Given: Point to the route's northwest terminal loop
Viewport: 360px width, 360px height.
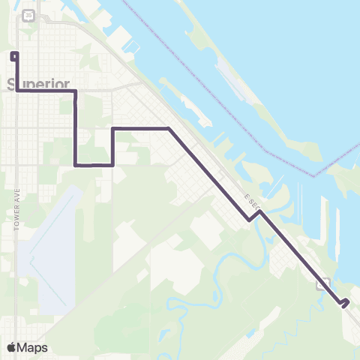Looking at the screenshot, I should click(x=13, y=55).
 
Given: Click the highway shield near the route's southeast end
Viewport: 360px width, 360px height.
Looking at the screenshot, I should click(x=323, y=283).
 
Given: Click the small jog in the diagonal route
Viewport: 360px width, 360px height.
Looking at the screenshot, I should click(x=255, y=216).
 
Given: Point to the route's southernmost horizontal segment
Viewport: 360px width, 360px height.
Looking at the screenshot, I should click(x=94, y=165).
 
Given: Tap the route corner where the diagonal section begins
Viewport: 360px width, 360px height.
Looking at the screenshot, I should click(x=169, y=129).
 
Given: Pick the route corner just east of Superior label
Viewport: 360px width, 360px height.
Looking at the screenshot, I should click(x=76, y=91).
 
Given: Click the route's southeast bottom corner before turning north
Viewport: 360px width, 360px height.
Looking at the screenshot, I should click(x=112, y=165).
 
